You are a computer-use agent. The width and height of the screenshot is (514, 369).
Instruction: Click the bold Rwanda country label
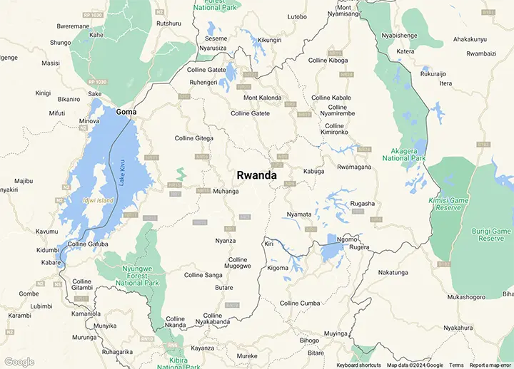pos(258,175)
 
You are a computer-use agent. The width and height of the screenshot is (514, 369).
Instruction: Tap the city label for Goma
pos(126,113)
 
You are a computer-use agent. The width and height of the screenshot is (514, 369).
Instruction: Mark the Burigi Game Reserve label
pos(491,235)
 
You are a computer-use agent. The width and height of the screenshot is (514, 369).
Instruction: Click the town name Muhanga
pos(226,192)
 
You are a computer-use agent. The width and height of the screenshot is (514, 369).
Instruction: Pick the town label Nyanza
pos(225,241)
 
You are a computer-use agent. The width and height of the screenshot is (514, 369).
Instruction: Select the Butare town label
pos(223,288)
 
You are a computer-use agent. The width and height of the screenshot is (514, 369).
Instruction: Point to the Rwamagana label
pos(354,167)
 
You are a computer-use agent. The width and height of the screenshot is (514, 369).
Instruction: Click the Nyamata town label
pos(298,214)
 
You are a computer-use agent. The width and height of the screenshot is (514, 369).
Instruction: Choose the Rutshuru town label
pos(168,24)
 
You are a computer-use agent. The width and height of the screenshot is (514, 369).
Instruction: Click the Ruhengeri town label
pos(203,82)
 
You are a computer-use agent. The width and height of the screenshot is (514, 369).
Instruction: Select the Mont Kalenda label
pos(263,98)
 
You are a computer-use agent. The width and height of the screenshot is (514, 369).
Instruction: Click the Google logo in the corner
pos(19,362)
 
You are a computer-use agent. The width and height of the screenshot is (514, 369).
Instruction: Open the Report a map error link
pos(490,365)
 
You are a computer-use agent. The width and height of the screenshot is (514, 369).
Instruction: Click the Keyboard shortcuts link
pos(358,365)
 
